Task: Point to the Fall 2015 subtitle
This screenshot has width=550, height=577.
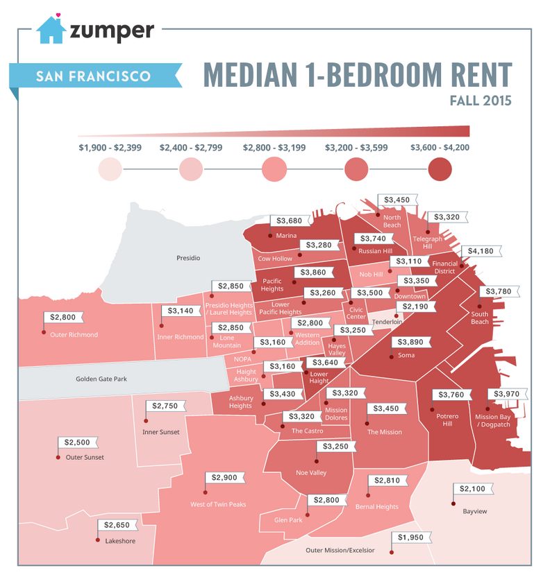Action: tap(481, 101)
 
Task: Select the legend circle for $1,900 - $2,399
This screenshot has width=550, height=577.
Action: tap(110, 169)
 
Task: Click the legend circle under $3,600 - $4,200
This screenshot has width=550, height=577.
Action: tap(440, 169)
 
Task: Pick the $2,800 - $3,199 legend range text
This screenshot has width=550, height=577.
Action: tap(275, 147)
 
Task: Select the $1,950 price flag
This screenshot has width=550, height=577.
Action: tap(412, 537)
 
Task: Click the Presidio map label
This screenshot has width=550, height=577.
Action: tap(188, 258)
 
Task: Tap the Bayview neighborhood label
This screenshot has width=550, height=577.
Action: tap(475, 512)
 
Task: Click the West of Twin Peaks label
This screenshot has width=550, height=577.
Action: tap(218, 504)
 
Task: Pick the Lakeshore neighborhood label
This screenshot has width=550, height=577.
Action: tap(119, 540)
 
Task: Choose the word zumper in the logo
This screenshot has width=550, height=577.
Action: tap(111, 30)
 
